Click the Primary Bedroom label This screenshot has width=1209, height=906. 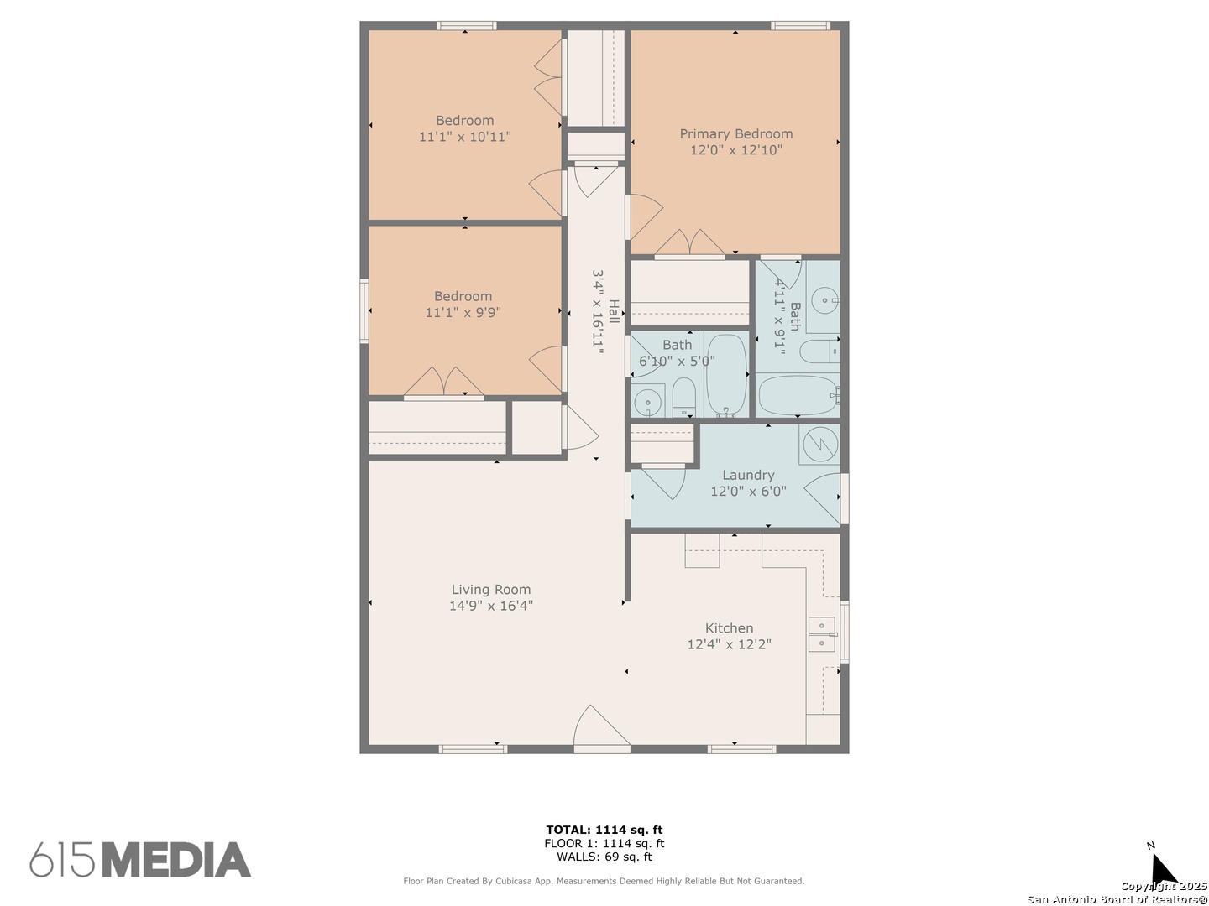coord(735,133)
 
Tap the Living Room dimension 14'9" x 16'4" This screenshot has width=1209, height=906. coord(491,606)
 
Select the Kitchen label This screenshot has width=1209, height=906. coord(730,628)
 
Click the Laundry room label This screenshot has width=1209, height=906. coord(748,475)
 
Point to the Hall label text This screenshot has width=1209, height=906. coord(614,311)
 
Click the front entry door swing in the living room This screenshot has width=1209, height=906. coord(601,727)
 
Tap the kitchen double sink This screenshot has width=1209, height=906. coord(822,634)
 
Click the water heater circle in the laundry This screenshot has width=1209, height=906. coord(820,444)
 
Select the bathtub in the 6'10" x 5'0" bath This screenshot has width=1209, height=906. coord(726,375)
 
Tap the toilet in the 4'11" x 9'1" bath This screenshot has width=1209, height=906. coord(819,351)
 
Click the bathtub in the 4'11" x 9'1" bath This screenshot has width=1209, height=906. coord(798,395)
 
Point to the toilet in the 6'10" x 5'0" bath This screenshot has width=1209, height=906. coord(684,397)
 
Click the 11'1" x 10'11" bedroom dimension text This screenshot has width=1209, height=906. coord(465,137)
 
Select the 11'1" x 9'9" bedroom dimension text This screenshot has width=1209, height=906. coord(463,312)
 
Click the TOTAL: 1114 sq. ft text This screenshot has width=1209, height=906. coord(604,830)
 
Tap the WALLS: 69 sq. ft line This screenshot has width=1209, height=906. coord(604,857)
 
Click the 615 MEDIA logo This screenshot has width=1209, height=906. coord(140,860)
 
